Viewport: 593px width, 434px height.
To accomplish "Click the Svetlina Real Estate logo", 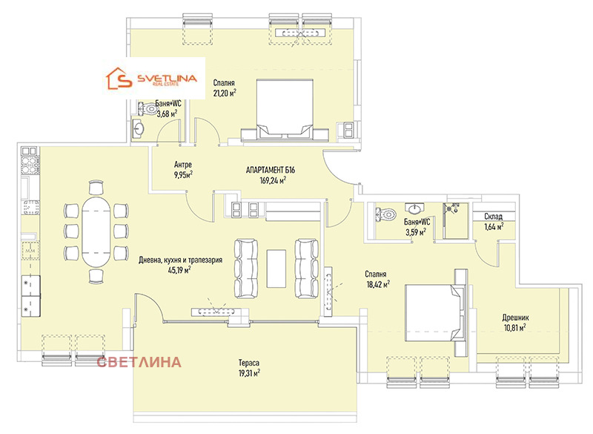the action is pos(151,79).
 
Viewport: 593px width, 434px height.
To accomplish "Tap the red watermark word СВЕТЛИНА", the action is pos(139,362).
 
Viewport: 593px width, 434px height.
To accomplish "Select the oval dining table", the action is pos(96,231).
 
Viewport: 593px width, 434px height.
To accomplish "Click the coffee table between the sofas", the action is pos(276,269).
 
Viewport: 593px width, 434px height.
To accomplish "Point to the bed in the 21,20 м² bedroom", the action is pos(285,110).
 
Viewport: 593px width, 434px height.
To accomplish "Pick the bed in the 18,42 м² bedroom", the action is pos(436,312).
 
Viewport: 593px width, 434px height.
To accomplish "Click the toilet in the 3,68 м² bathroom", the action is pos(148,108).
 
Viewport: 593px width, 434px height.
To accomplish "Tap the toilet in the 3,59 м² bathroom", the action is pos(385,214).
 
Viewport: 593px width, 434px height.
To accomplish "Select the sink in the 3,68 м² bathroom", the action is pos(138,128).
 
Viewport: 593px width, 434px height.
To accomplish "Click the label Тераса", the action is pos(249,363).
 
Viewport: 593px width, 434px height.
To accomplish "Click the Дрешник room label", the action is pos(515,318).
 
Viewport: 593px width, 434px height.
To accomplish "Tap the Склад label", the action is pos(493,217).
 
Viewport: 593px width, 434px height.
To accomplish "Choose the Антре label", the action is pos(182,165).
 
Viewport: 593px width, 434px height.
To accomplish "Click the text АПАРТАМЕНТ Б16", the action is pos(271,170).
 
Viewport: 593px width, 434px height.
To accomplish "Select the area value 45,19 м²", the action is pos(179,270).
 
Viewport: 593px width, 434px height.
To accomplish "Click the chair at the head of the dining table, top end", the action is pos(96,187).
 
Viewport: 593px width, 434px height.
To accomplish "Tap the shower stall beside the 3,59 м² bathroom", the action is pos(455,220).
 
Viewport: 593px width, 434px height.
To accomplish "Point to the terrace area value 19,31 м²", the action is pos(249,373).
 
